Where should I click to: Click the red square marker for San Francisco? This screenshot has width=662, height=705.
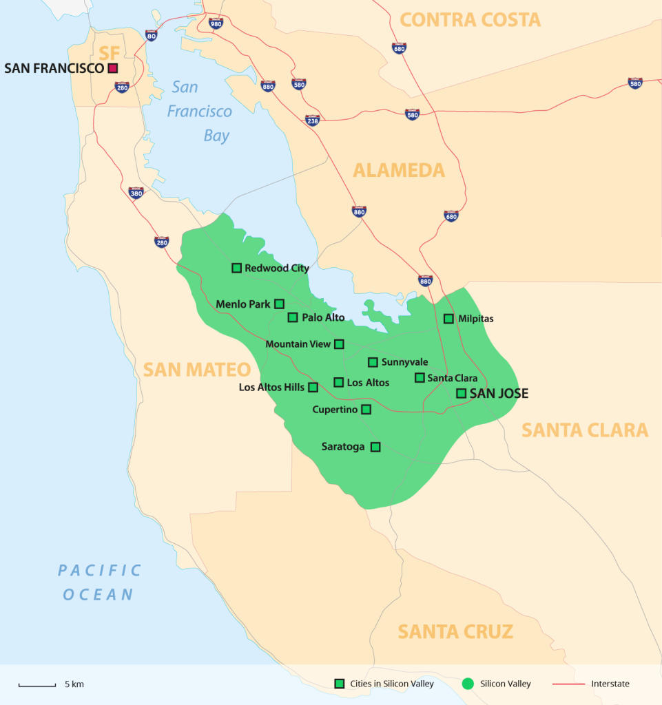pyautogui.click(x=112, y=68)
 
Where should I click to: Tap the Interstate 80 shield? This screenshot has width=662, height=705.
pyautogui.click(x=152, y=35)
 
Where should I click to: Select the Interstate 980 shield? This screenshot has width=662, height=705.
pyautogui.click(x=216, y=23)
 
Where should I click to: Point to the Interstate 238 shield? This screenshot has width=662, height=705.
pyautogui.click(x=313, y=120)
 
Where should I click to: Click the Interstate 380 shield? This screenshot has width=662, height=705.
pyautogui.click(x=136, y=193)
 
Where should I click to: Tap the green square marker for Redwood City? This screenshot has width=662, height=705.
pyautogui.click(x=236, y=268)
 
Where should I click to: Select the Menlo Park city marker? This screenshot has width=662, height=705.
pyautogui.click(x=279, y=304)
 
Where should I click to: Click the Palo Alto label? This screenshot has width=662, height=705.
pyautogui.click(x=323, y=317)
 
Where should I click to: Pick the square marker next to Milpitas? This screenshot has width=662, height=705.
pyautogui.click(x=448, y=319)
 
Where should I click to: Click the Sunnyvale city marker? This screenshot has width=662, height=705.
pyautogui.click(x=373, y=362)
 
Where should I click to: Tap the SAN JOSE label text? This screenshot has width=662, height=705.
pyautogui.click(x=499, y=394)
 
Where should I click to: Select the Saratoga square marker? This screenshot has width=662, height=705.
pyautogui.click(x=375, y=447)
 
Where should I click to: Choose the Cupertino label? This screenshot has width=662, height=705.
pyautogui.click(x=335, y=410)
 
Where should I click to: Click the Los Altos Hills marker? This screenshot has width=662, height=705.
pyautogui.click(x=313, y=388)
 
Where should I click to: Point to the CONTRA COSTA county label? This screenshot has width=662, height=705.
pyautogui.click(x=470, y=19)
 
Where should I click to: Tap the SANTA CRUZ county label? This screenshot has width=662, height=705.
pyautogui.click(x=455, y=631)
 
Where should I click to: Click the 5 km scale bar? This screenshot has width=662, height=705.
pyautogui.click(x=37, y=685)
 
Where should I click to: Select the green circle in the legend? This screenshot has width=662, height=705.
pyautogui.click(x=468, y=684)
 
